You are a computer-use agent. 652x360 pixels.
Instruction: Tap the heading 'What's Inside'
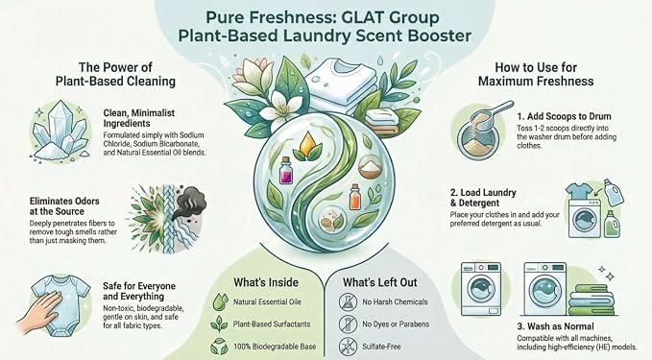[x=266, y=282]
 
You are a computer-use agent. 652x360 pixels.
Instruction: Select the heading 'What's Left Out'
[x=380, y=282]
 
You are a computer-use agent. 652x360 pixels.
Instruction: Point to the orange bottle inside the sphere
[x=355, y=198]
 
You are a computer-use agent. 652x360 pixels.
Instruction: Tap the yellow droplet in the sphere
[x=307, y=142]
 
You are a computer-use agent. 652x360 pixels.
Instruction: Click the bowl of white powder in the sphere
[x=370, y=167]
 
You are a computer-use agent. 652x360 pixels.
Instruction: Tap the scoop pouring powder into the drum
[x=492, y=116]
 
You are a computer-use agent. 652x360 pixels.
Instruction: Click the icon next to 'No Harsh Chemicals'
[x=348, y=301]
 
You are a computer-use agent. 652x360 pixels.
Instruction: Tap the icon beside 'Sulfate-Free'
[x=348, y=346]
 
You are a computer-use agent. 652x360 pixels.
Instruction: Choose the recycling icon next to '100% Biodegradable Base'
[x=220, y=347]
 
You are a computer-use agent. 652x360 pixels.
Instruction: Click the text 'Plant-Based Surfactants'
[x=272, y=324]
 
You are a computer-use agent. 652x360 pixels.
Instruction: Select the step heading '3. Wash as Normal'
[x=555, y=326]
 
